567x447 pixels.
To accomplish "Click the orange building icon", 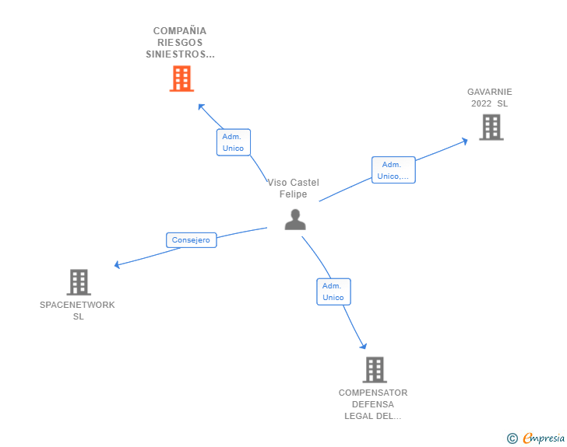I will (x=181, y=79).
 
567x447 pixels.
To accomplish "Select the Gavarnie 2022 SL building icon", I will (x=491, y=127).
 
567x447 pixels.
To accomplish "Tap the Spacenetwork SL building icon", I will (x=78, y=281).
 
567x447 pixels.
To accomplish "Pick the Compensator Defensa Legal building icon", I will (x=374, y=369).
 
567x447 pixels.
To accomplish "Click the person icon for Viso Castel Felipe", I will (x=295, y=220).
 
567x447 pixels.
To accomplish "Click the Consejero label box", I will (x=191, y=240).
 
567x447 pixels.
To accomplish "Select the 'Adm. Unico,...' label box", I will (x=393, y=170).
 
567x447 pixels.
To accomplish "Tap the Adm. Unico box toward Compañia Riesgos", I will (x=233, y=142).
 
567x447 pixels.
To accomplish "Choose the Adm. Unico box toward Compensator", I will (x=333, y=292).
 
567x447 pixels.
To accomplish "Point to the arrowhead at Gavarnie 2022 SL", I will (x=464, y=141).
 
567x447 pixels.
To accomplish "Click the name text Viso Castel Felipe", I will (x=294, y=188).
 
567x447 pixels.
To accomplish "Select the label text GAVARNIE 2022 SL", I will (x=489, y=97).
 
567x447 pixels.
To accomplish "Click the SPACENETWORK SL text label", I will (x=77, y=310).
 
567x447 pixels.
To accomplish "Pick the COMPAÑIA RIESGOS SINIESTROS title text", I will (x=181, y=43).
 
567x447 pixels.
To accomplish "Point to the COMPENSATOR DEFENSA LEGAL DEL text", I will (x=373, y=404).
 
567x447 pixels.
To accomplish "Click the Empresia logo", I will (x=543, y=438).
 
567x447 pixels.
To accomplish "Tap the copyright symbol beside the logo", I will (x=512, y=438).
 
